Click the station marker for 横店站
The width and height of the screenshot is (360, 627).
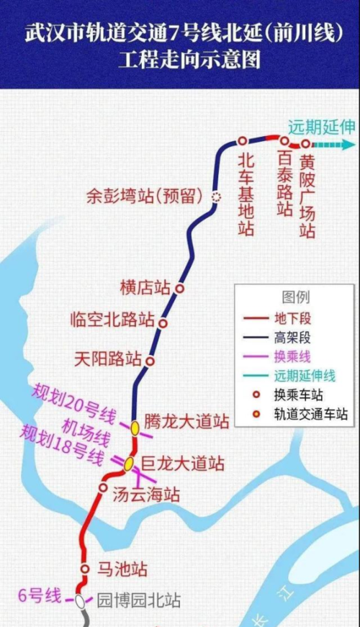(x=180, y=288)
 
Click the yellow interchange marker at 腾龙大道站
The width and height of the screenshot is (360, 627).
(x=135, y=428)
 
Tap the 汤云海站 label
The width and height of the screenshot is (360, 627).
(x=146, y=495)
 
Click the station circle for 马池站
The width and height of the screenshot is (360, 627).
(x=85, y=569)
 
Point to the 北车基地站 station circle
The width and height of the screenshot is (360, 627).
(x=243, y=140)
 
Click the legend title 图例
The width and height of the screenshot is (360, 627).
(x=295, y=297)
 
